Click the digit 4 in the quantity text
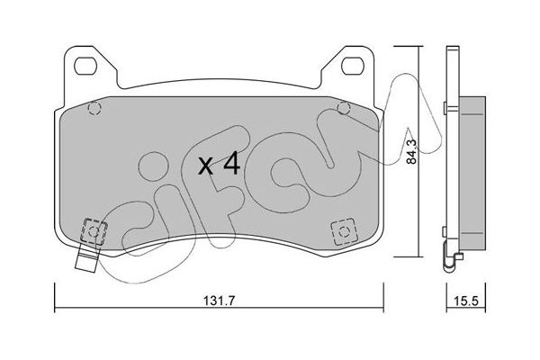(x=230, y=165)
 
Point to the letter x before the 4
(x=206, y=166)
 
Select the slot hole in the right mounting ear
(x=351, y=65)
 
